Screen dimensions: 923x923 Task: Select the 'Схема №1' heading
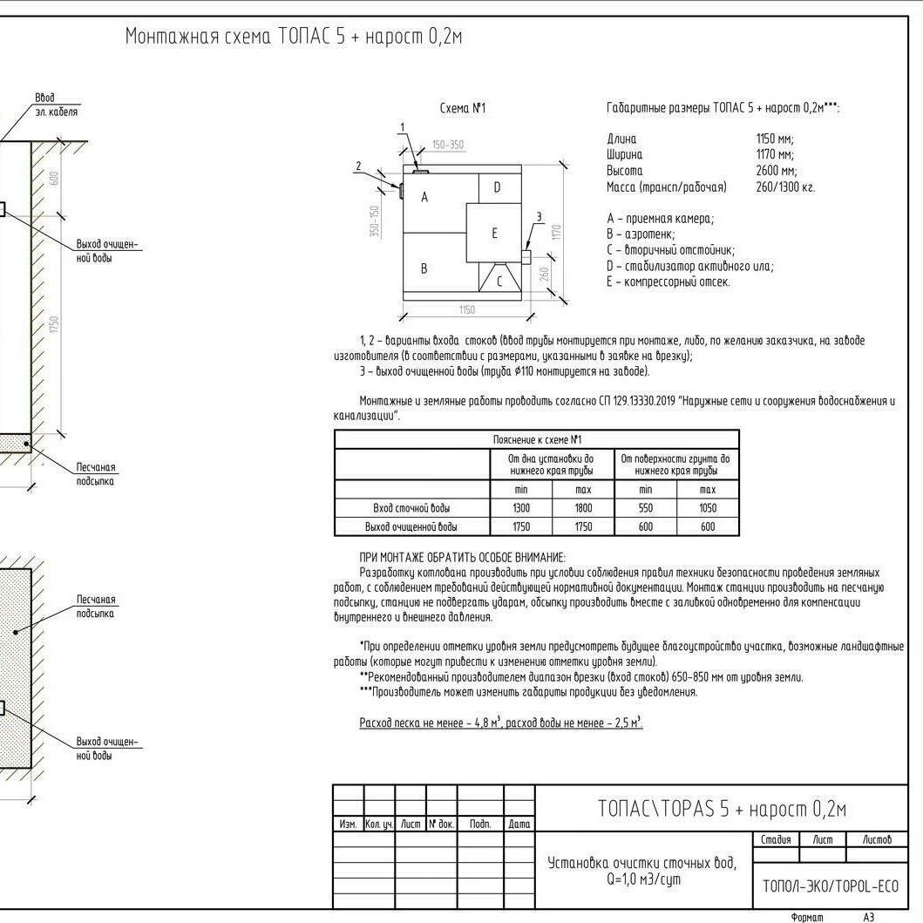(x=463, y=109)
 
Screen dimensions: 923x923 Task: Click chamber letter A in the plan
(x=424, y=198)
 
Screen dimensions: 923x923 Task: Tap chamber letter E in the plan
(x=494, y=233)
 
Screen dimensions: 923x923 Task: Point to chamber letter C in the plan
(x=499, y=282)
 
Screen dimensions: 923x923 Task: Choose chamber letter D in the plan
(x=497, y=187)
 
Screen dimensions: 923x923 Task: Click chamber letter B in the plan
(x=424, y=268)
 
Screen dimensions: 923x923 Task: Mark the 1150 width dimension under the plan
(x=467, y=310)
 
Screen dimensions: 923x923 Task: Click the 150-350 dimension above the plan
(x=447, y=145)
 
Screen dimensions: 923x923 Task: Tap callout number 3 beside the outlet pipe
(x=539, y=217)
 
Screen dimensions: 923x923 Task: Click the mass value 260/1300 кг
(x=785, y=187)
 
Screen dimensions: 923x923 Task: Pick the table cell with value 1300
(x=521, y=508)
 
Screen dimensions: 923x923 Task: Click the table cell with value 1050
(x=708, y=508)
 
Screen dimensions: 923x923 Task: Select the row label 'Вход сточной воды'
(x=411, y=508)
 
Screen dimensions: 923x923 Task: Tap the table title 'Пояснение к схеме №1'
(x=537, y=439)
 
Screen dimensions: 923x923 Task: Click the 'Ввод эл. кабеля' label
(x=56, y=105)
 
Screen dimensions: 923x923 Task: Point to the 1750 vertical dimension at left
(x=53, y=324)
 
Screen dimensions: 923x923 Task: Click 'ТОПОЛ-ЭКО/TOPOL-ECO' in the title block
(x=830, y=886)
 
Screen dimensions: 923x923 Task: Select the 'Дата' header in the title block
(x=519, y=824)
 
